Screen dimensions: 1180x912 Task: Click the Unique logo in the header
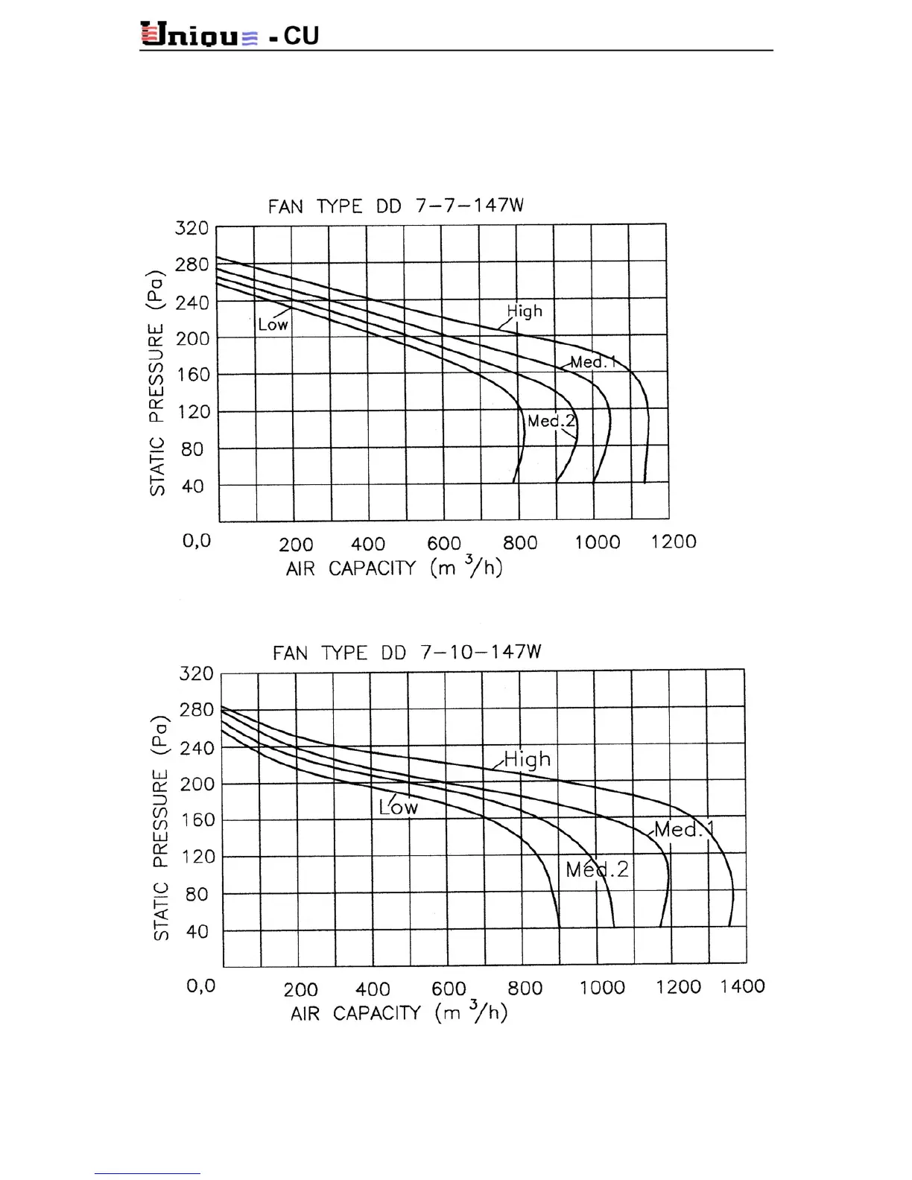click(x=200, y=35)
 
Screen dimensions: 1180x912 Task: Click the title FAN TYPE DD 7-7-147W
click(x=396, y=206)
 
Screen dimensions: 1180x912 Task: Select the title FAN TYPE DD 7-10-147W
click(x=407, y=653)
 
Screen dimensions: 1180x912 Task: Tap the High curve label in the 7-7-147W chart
click(x=525, y=311)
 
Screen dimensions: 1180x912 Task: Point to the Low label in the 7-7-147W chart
click(x=273, y=325)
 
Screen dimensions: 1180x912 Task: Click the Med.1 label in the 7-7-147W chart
click(x=593, y=363)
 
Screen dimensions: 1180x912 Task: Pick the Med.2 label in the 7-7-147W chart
click(x=551, y=421)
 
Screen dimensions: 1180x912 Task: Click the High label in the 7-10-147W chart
click(x=528, y=759)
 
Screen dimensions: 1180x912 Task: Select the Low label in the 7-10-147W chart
click(x=399, y=808)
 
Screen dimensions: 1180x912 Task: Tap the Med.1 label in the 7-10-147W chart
click(x=684, y=830)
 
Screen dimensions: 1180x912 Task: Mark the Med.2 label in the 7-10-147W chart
click(x=597, y=869)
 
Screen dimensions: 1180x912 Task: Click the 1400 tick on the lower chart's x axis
click(x=742, y=986)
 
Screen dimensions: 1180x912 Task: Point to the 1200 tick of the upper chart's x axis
click(x=673, y=542)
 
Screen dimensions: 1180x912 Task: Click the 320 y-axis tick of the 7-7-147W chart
click(x=191, y=228)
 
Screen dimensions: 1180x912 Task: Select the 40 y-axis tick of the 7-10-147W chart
click(x=197, y=931)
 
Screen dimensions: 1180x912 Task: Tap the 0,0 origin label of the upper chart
click(x=197, y=540)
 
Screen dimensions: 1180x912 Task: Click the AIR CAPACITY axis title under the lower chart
click(x=399, y=1013)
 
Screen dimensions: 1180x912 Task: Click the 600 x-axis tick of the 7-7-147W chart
click(x=444, y=543)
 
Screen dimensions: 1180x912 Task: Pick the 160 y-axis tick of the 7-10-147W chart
click(x=197, y=820)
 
